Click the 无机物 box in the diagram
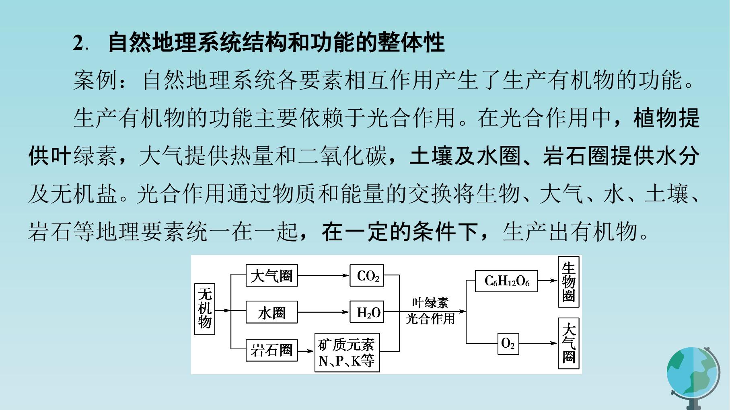click(205, 309)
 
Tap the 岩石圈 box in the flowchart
click(271, 350)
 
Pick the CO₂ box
click(366, 275)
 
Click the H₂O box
click(366, 312)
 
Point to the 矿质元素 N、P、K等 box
click(347, 352)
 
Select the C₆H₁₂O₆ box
click(506, 281)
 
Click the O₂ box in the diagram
click(508, 344)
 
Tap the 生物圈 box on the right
click(569, 282)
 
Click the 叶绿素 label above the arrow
click(430, 302)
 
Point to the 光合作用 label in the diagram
click(430, 319)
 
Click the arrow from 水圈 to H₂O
click(323, 312)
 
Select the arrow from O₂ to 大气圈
click(539, 343)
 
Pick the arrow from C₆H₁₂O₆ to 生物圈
click(548, 281)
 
